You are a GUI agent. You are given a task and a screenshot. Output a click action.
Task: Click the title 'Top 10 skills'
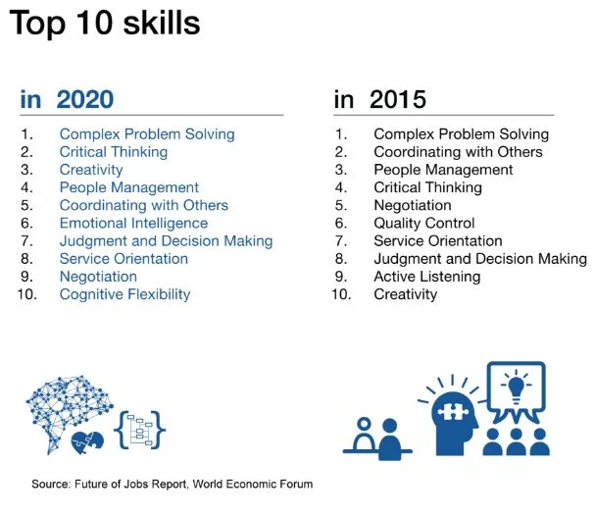(x=105, y=24)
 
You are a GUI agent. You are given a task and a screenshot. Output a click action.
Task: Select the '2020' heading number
(x=85, y=99)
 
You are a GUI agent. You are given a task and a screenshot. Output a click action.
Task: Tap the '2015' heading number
(x=397, y=99)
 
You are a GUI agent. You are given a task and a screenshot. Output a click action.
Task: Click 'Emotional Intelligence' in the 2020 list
(x=133, y=223)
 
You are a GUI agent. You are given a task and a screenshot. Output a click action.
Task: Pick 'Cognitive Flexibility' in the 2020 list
(x=124, y=294)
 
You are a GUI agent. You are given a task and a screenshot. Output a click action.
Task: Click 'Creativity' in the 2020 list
(x=91, y=170)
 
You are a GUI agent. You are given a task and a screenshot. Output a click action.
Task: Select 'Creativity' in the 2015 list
(x=405, y=294)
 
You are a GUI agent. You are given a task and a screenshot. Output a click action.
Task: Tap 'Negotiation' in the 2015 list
(x=412, y=205)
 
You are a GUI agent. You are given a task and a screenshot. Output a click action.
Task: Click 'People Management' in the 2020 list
(x=128, y=187)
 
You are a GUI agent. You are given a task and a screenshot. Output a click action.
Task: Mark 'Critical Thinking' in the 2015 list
(x=427, y=187)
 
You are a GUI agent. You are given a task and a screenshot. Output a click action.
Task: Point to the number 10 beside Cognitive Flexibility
(x=28, y=294)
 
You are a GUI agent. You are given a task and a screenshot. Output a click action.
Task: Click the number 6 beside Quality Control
(x=341, y=223)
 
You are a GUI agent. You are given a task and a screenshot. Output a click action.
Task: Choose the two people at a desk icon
(x=376, y=439)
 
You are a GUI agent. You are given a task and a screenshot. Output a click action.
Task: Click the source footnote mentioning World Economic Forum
(x=172, y=485)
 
